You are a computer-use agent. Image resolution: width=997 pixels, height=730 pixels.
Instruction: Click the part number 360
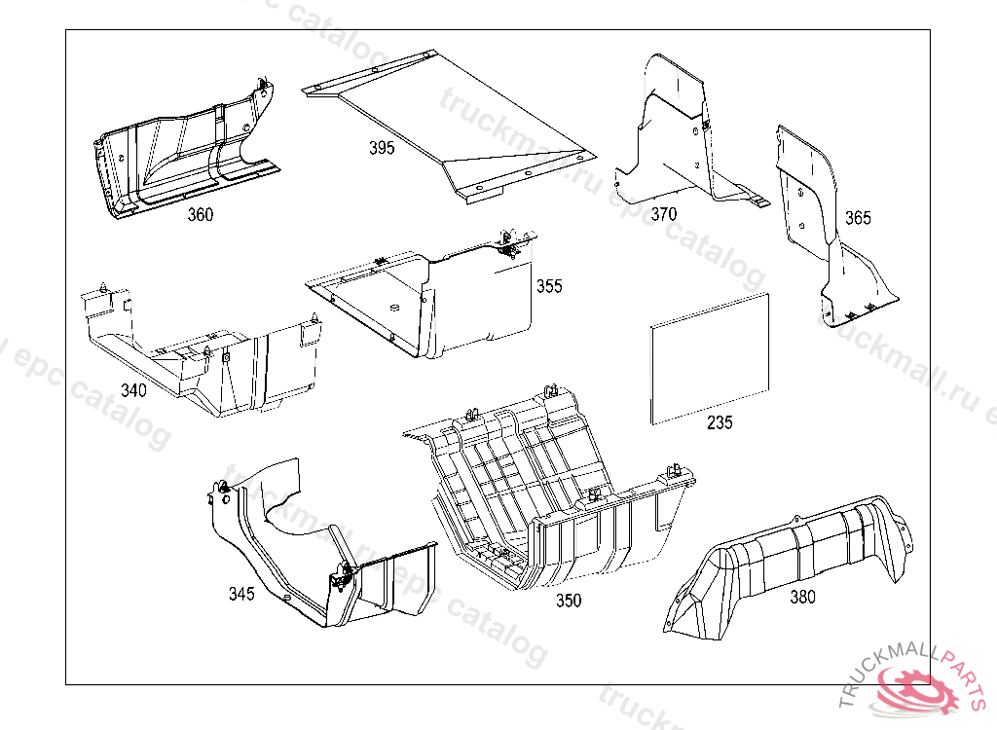click(201, 215)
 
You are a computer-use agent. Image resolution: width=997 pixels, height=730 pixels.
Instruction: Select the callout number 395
click(382, 148)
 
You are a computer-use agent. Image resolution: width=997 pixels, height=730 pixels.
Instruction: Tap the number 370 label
click(664, 214)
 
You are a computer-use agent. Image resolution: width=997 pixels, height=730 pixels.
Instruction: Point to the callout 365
click(858, 218)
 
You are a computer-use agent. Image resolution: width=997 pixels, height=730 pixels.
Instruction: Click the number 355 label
click(549, 287)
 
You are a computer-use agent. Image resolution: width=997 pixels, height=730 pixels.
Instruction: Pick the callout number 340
click(133, 390)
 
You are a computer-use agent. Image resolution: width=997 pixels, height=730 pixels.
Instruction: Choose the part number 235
click(720, 422)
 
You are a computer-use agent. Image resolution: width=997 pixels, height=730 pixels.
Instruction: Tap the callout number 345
click(241, 594)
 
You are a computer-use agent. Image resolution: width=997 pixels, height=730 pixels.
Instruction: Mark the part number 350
click(569, 601)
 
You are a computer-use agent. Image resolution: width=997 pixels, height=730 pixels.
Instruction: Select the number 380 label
click(802, 598)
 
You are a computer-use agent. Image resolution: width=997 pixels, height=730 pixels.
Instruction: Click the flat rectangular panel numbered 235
click(709, 358)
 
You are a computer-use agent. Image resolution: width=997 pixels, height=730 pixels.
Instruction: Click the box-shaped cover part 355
click(458, 297)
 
